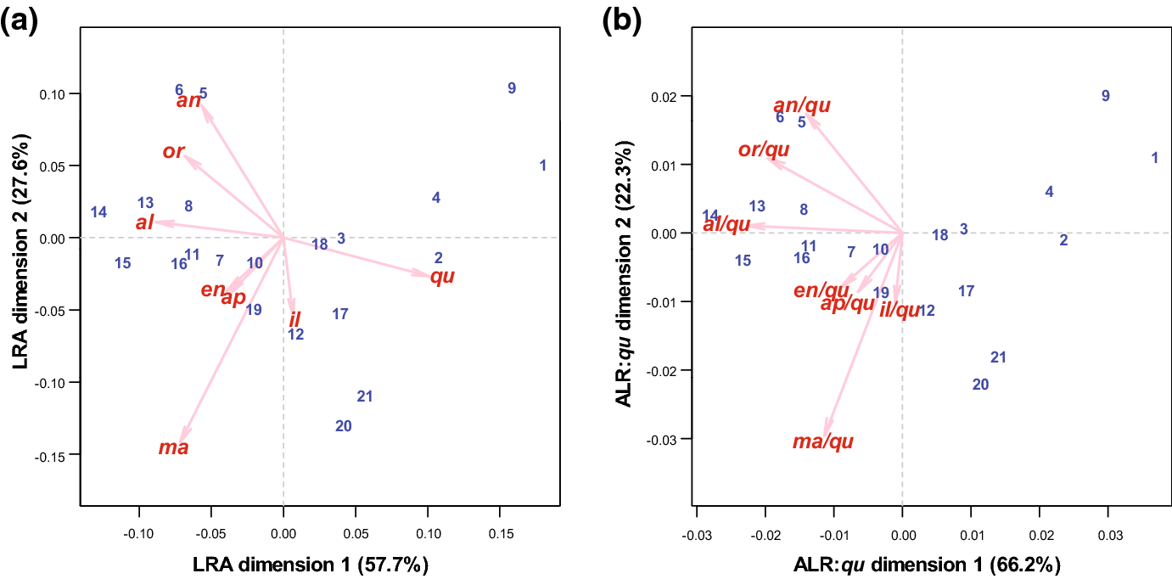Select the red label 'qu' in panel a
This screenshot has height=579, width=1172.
point(442,277)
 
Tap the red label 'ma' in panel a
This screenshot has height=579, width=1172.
point(174,447)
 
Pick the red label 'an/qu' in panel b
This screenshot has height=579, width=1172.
point(802,105)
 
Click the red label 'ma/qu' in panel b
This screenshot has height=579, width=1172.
point(822,441)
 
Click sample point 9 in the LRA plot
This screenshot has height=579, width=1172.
point(512,88)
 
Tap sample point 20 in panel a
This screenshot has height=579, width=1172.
point(344,426)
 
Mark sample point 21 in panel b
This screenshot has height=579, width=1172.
point(998,357)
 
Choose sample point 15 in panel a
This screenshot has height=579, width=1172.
point(123,263)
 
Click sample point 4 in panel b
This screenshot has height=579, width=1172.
point(1049,192)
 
